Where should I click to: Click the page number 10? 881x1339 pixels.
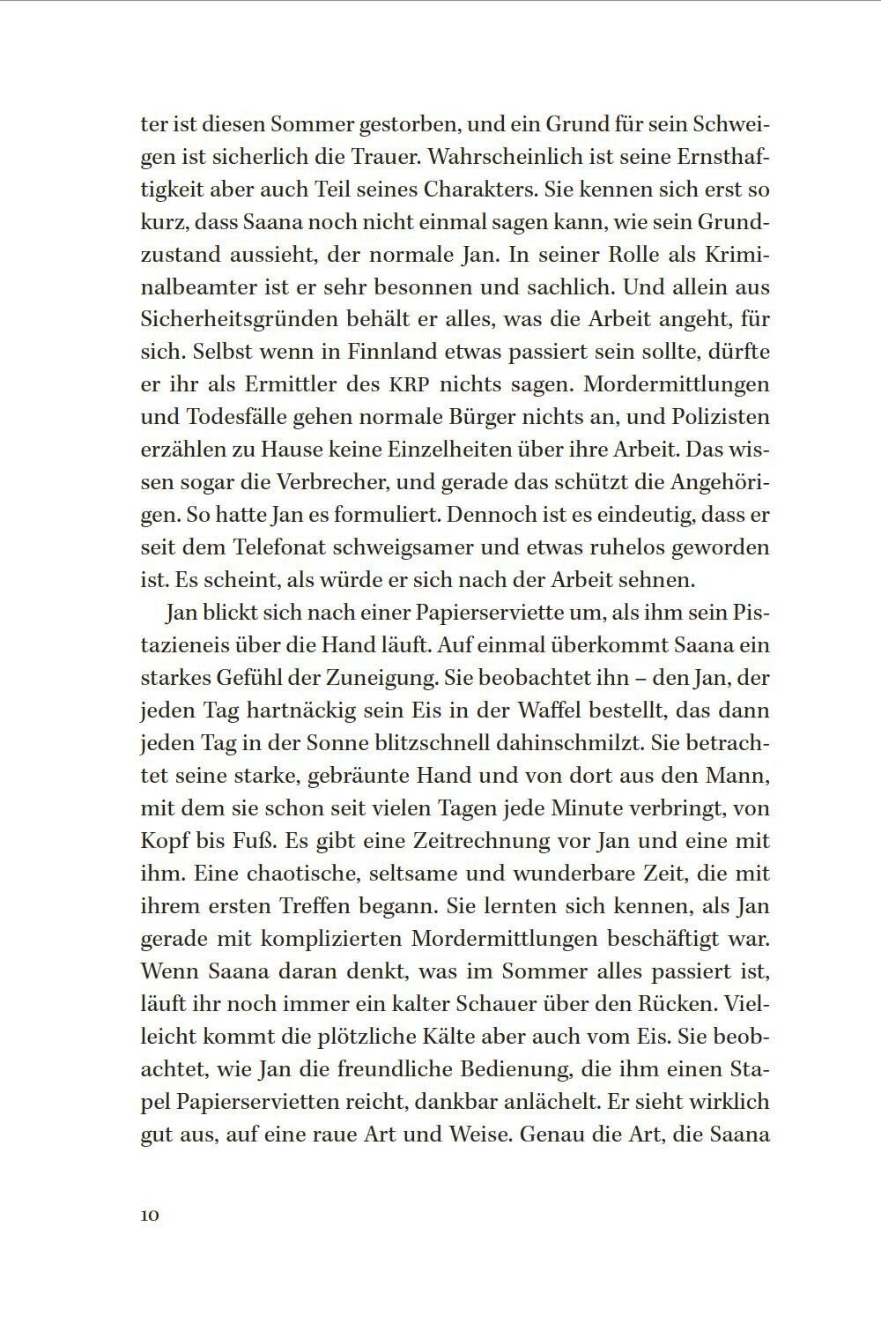149,1215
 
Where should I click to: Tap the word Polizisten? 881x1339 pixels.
708,417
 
